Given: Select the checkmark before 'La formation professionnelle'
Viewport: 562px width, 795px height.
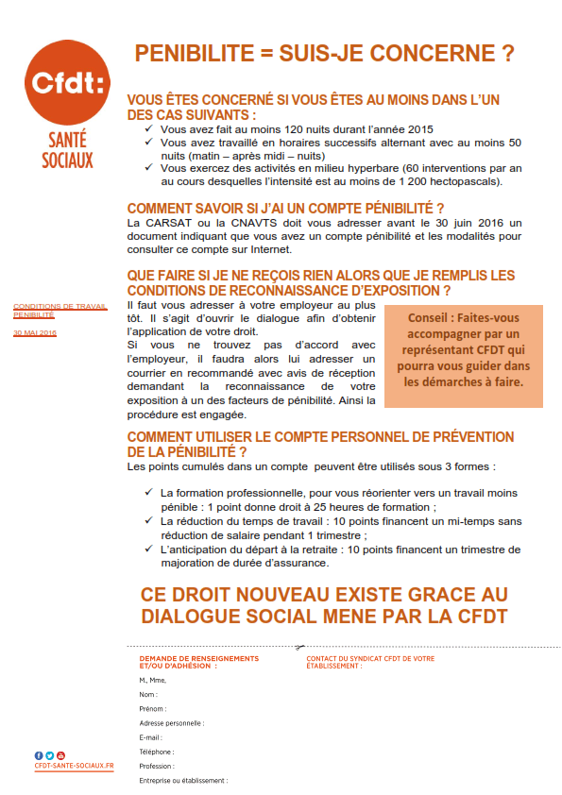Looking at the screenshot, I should click(x=149, y=492).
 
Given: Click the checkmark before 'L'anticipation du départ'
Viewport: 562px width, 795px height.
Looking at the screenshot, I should click(x=149, y=549).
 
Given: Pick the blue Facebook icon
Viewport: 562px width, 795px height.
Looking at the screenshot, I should click(x=39, y=755).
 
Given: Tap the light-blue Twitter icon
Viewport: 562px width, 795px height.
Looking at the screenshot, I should click(x=49, y=755).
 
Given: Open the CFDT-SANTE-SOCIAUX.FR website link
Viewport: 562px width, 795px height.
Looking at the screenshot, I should click(x=73, y=766).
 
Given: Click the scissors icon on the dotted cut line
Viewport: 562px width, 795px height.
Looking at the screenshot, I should click(x=298, y=648).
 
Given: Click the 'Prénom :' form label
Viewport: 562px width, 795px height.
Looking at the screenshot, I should click(x=152, y=708).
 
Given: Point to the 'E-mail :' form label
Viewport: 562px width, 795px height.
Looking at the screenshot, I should click(x=150, y=737).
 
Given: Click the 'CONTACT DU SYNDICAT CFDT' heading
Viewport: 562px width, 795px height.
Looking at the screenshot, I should click(x=370, y=658).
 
